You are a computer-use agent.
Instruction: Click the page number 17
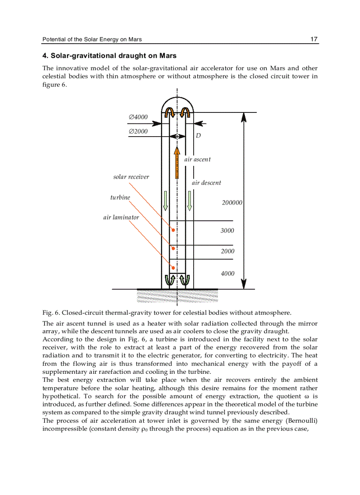(314, 39)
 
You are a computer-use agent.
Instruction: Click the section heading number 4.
(45, 56)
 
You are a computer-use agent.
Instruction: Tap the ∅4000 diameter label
(138, 117)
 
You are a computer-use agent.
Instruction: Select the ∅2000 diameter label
(138, 131)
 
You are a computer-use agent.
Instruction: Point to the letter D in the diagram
(199, 136)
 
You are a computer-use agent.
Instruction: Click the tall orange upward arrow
(177, 163)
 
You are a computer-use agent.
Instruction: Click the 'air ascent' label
(197, 160)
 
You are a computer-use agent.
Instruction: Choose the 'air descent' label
(206, 183)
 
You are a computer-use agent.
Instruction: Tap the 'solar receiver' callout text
(131, 177)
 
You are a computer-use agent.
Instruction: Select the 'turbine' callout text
(120, 197)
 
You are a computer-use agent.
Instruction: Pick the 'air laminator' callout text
(121, 217)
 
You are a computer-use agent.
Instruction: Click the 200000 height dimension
(232, 203)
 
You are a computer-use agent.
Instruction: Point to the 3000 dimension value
(227, 231)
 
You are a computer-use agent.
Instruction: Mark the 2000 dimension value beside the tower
(228, 251)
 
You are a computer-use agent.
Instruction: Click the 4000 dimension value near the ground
(228, 274)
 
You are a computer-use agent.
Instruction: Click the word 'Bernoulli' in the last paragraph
(302, 421)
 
